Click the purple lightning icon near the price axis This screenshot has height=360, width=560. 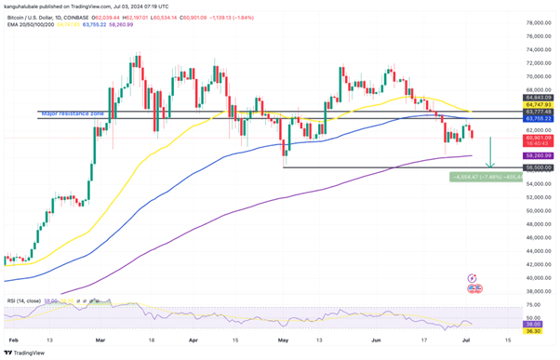[474, 277]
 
